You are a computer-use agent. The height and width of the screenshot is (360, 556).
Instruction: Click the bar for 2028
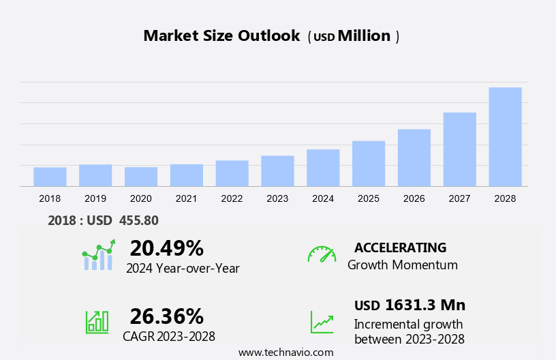pyautogui.click(x=505, y=136)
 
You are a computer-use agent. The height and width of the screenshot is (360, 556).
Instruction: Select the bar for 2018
pyautogui.click(x=50, y=177)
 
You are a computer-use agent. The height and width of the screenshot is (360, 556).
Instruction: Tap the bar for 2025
pyautogui.click(x=369, y=164)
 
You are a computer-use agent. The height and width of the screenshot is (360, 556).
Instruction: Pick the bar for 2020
pyautogui.click(x=141, y=177)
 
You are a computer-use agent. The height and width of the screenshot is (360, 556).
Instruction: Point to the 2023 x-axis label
pyautogui.click(x=277, y=198)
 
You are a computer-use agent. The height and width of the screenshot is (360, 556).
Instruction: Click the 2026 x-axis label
pyautogui.click(x=414, y=198)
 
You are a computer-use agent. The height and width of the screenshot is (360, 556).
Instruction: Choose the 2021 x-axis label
pyautogui.click(x=186, y=198)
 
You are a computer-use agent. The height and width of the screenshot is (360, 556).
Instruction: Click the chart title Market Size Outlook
pyautogui.click(x=221, y=36)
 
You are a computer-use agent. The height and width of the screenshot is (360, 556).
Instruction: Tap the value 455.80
pyautogui.click(x=139, y=220)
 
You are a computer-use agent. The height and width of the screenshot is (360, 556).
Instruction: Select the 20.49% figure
pyautogui.click(x=166, y=247)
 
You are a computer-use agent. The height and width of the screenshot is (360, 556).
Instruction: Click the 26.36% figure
pyautogui.click(x=166, y=316)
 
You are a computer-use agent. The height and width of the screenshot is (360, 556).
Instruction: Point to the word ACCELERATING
pyautogui.click(x=400, y=247)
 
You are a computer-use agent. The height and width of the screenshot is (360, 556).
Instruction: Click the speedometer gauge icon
pyautogui.click(x=322, y=254)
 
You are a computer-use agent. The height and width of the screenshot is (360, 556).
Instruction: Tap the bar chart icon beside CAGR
pyautogui.click(x=97, y=322)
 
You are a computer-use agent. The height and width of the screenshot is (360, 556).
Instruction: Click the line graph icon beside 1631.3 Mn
pyautogui.click(x=322, y=322)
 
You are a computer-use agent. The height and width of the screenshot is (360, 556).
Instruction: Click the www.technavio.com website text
pyautogui.click(x=285, y=352)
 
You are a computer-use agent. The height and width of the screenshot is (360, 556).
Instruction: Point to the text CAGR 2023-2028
pyautogui.click(x=169, y=336)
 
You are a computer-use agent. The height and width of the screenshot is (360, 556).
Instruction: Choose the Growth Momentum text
pyautogui.click(x=403, y=265)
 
